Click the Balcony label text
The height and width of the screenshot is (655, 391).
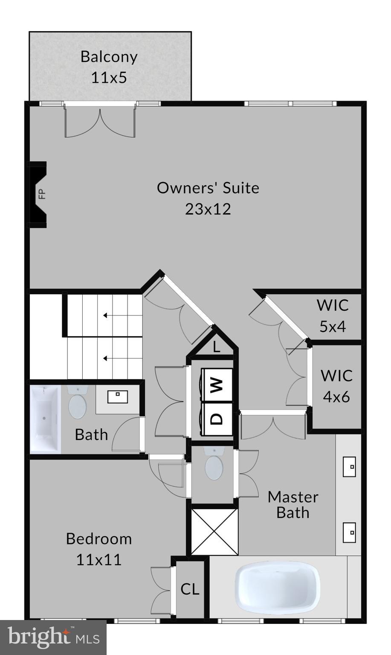pyautogui.click(x=109, y=57)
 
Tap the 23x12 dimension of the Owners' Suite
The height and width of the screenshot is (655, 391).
pyautogui.click(x=208, y=209)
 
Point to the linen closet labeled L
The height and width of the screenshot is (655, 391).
pyautogui.click(x=216, y=347)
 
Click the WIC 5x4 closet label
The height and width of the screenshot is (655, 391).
pyautogui.click(x=333, y=316)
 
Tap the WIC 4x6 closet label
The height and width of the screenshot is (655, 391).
pyautogui.click(x=336, y=386)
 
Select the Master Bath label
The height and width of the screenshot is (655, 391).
pyautogui.click(x=293, y=504)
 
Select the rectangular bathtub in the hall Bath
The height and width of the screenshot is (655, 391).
pyautogui.click(x=45, y=419)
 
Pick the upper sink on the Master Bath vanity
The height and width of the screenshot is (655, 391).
pyautogui.click(x=350, y=467)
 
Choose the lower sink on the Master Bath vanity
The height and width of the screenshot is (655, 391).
pyautogui.click(x=350, y=533)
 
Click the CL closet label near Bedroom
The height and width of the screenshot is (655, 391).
pyautogui.click(x=190, y=589)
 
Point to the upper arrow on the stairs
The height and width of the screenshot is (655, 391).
pyautogui.click(x=105, y=316)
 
